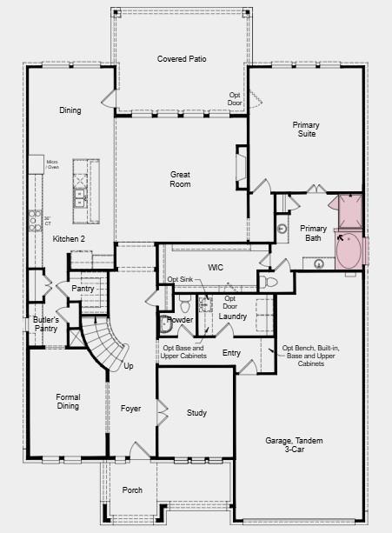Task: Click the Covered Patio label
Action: coord(181,58)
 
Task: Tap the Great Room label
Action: coord(180,179)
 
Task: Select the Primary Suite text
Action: coord(305,130)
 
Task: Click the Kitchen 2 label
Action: coord(69,238)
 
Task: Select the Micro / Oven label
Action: coord(52,163)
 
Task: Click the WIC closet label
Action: coord(216,267)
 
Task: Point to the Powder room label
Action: coord(179,319)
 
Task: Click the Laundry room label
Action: coord(232,316)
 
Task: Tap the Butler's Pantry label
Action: coord(46,324)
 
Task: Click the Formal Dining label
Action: coord(68,401)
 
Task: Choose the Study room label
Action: coord(196,413)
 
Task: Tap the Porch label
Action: coord(132,490)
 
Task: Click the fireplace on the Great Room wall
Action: coord(242,165)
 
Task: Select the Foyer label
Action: coord(130,407)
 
